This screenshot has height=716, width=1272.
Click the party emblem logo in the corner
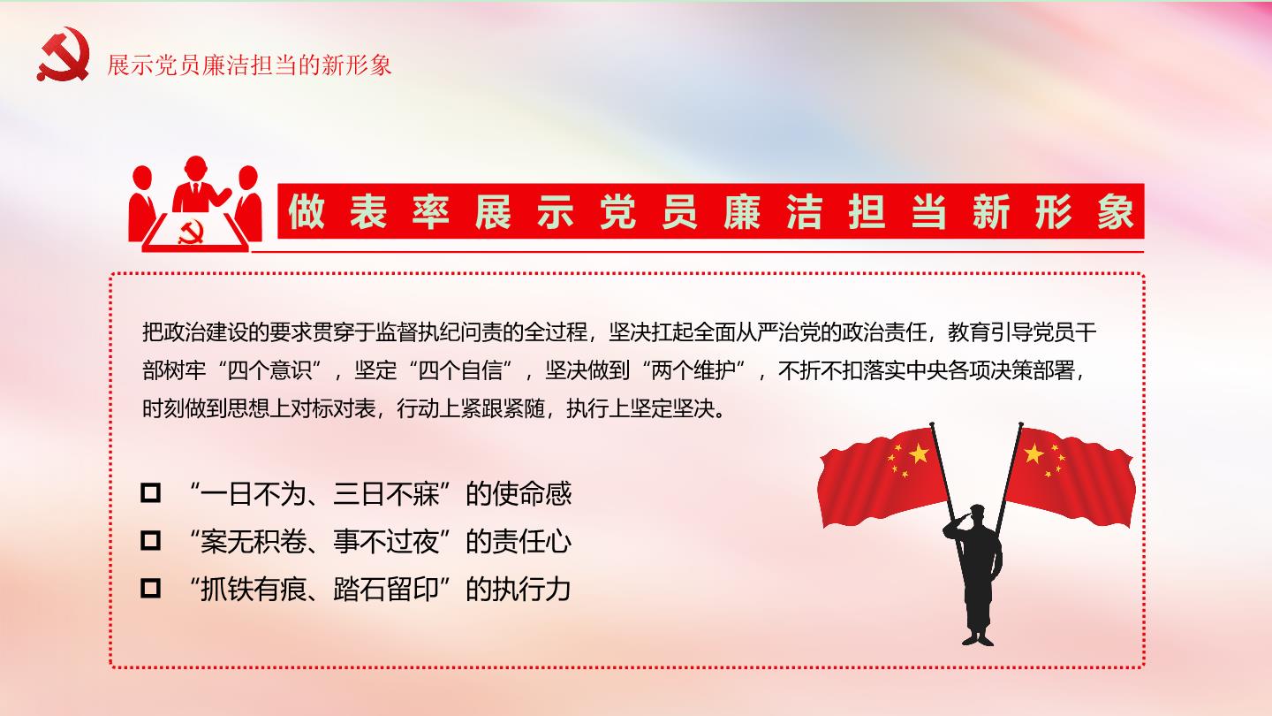[x=63, y=54]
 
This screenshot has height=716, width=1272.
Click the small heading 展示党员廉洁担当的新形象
[x=249, y=65]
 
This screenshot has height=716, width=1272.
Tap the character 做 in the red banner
[x=307, y=211]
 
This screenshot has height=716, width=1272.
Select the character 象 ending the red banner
[x=1116, y=211]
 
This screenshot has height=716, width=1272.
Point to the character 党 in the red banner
[x=617, y=211]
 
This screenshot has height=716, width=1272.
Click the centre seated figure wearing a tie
[x=197, y=184]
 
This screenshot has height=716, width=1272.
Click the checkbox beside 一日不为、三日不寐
[x=150, y=492]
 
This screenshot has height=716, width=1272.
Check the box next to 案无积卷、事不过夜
[x=150, y=540]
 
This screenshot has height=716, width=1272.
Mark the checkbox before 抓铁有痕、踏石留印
[x=150, y=588]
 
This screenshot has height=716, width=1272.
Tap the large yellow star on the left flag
[x=919, y=453]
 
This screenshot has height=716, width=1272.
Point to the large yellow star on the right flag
[x=1034, y=453]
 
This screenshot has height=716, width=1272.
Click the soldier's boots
[x=978, y=639]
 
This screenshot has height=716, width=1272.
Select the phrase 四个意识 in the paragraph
[x=269, y=370]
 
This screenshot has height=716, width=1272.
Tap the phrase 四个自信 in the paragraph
[x=460, y=370]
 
